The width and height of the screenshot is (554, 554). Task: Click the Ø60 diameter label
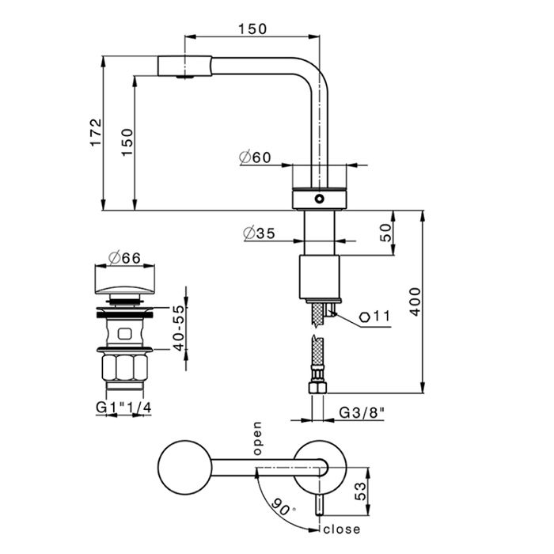click(x=254, y=157)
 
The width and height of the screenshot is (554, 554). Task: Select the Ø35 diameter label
click(x=259, y=233)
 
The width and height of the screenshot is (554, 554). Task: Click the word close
click(x=341, y=529)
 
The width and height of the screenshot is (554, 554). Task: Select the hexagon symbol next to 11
click(x=363, y=317)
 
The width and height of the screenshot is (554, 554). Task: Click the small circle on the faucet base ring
click(x=319, y=198)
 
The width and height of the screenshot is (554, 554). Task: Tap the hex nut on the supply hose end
click(x=318, y=388)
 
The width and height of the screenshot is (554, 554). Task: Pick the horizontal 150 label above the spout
click(x=252, y=28)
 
